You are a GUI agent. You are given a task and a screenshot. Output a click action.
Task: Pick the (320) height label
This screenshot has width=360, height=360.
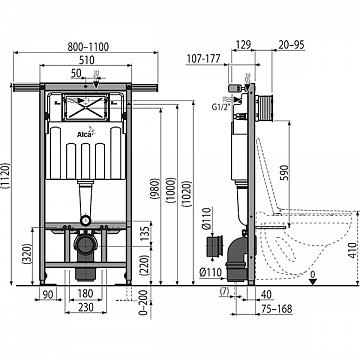point(22,254)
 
